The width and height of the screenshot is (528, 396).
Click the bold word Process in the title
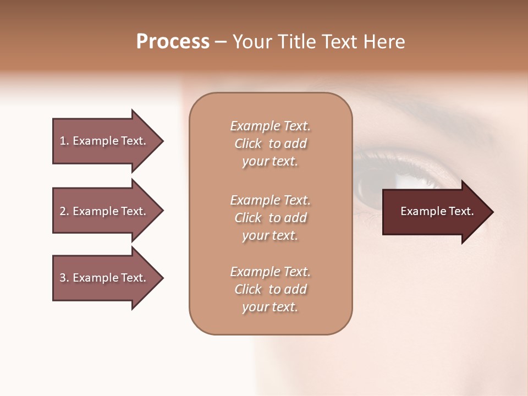coord(173,42)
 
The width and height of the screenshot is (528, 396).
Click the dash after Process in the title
coord(221,42)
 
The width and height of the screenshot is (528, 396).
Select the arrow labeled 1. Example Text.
coord(105,141)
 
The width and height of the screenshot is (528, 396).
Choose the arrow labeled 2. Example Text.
coord(105,211)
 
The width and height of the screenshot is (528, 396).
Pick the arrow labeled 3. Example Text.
coord(105,278)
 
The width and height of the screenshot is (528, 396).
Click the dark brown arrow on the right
coord(435,212)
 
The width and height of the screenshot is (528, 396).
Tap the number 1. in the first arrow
coord(64,141)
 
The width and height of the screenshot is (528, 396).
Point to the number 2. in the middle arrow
coord(64,211)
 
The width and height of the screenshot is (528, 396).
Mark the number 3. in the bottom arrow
coord(64,278)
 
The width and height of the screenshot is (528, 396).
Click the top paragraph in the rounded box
coord(270,144)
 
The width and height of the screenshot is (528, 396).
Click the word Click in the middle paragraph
coord(248,218)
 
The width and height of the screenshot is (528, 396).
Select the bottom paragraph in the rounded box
coord(270,289)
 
